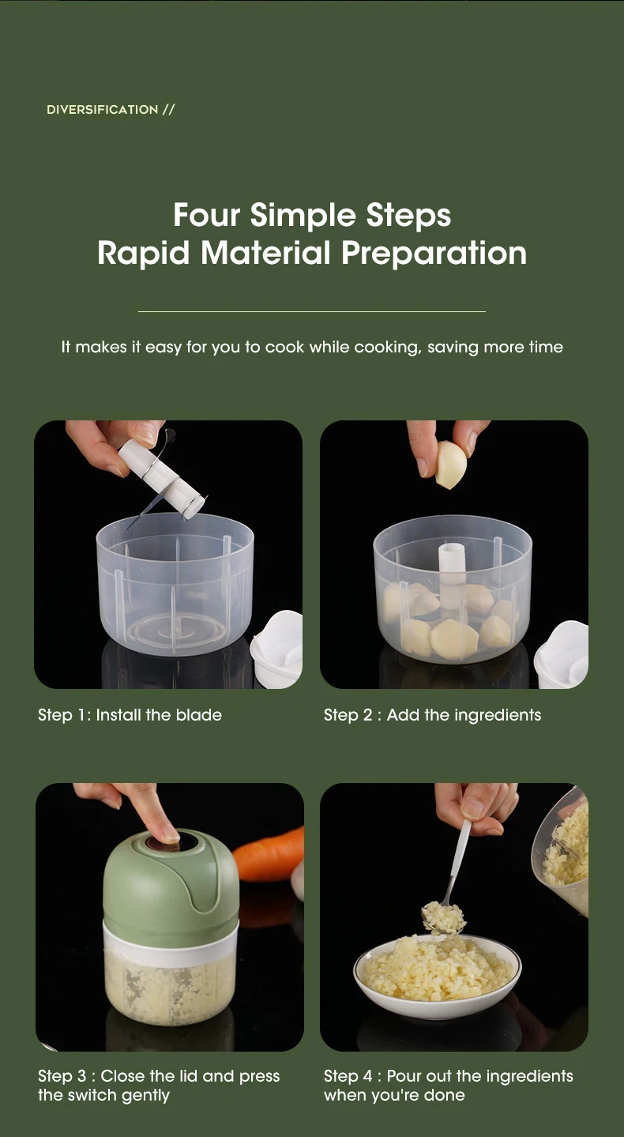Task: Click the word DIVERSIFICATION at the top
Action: coord(103,110)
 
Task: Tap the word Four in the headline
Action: coord(207,215)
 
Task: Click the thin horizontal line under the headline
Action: coord(311,311)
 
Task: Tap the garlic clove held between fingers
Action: coord(451,464)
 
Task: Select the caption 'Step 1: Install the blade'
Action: coord(130,715)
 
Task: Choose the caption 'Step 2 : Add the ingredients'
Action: coord(432,715)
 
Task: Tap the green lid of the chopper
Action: coord(169,889)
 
